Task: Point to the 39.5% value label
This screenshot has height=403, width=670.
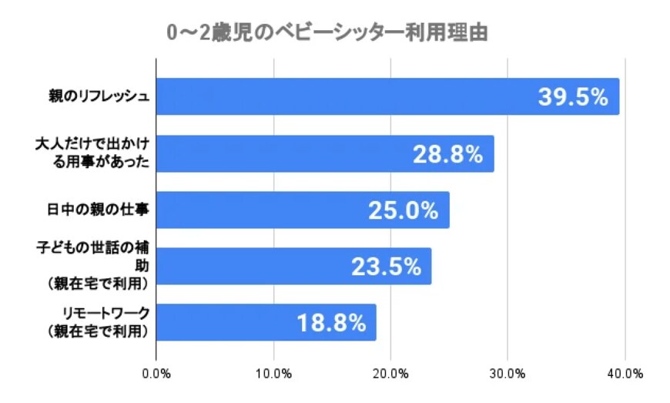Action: [573, 97]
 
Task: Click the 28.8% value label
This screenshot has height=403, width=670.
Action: [447, 154]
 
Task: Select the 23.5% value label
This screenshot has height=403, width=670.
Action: [386, 267]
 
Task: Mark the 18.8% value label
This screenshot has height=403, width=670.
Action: [330, 323]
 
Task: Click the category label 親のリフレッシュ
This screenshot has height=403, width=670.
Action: [95, 97]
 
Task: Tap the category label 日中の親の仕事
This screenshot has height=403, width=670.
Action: [95, 210]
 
